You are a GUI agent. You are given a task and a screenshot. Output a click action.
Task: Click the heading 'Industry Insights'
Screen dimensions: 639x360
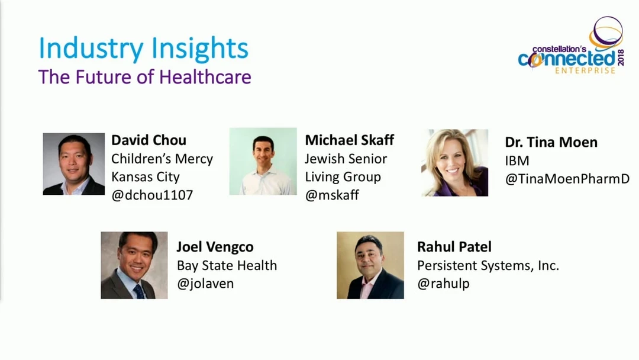143,49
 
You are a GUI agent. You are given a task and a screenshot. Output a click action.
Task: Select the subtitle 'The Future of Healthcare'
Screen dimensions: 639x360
145,77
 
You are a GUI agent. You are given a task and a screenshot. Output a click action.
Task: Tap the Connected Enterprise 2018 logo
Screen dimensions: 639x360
572,45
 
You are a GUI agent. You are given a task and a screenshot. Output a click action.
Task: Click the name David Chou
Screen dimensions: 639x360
149,140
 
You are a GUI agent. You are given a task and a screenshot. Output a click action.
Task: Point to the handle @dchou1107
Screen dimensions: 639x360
152,195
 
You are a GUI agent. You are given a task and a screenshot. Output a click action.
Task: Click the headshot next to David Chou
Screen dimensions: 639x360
74,164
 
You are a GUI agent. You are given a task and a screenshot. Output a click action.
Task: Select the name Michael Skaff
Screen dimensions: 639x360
349,140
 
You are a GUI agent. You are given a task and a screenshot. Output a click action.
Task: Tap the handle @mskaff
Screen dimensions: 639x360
332,195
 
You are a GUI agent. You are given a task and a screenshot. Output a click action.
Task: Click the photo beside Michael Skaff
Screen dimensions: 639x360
263,162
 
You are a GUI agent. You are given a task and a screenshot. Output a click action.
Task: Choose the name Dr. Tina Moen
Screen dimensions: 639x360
551,142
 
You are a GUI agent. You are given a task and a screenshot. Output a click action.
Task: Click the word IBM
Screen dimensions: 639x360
517,160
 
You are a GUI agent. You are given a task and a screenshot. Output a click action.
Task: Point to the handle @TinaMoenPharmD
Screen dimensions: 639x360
567,179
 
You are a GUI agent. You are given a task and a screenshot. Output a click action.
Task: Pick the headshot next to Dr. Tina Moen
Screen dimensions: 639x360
454,163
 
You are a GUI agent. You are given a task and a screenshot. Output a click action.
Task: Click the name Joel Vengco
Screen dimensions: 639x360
215,247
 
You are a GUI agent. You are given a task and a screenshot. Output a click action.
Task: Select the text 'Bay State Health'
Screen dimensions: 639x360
227,265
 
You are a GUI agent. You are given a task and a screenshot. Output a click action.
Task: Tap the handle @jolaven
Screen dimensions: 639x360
205,284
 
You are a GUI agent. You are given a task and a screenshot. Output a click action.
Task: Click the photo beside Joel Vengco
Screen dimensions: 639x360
134,265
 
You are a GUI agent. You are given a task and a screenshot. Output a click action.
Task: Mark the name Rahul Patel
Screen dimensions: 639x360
454,247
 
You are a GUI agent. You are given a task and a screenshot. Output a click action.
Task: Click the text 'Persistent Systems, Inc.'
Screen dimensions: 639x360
488,265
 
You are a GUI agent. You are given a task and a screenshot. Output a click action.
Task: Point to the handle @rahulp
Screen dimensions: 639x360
443,284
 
